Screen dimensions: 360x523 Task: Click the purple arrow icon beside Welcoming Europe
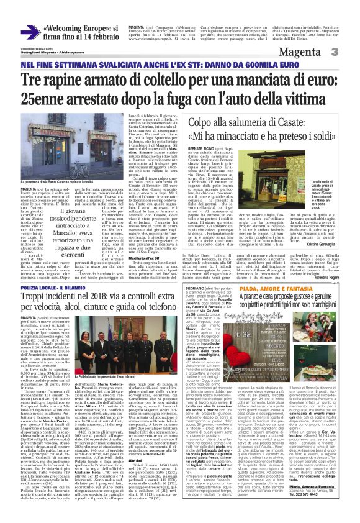[x=29, y=32]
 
